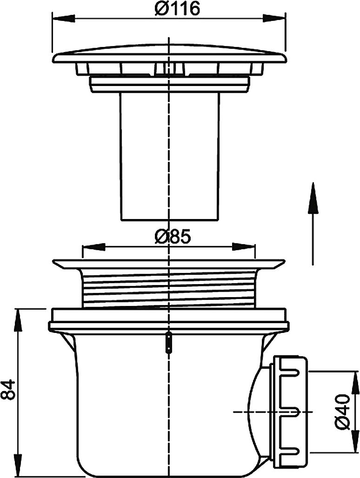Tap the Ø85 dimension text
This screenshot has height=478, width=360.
[173, 237]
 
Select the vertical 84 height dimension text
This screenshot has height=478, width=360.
[8, 390]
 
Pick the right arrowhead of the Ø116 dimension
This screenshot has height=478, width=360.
[274, 18]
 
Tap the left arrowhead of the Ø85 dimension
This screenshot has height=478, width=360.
[94, 246]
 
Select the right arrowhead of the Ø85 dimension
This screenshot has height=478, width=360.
[244, 246]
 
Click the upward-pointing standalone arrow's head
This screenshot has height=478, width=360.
[313, 198]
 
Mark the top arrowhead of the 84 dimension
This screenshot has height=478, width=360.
[18, 320]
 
